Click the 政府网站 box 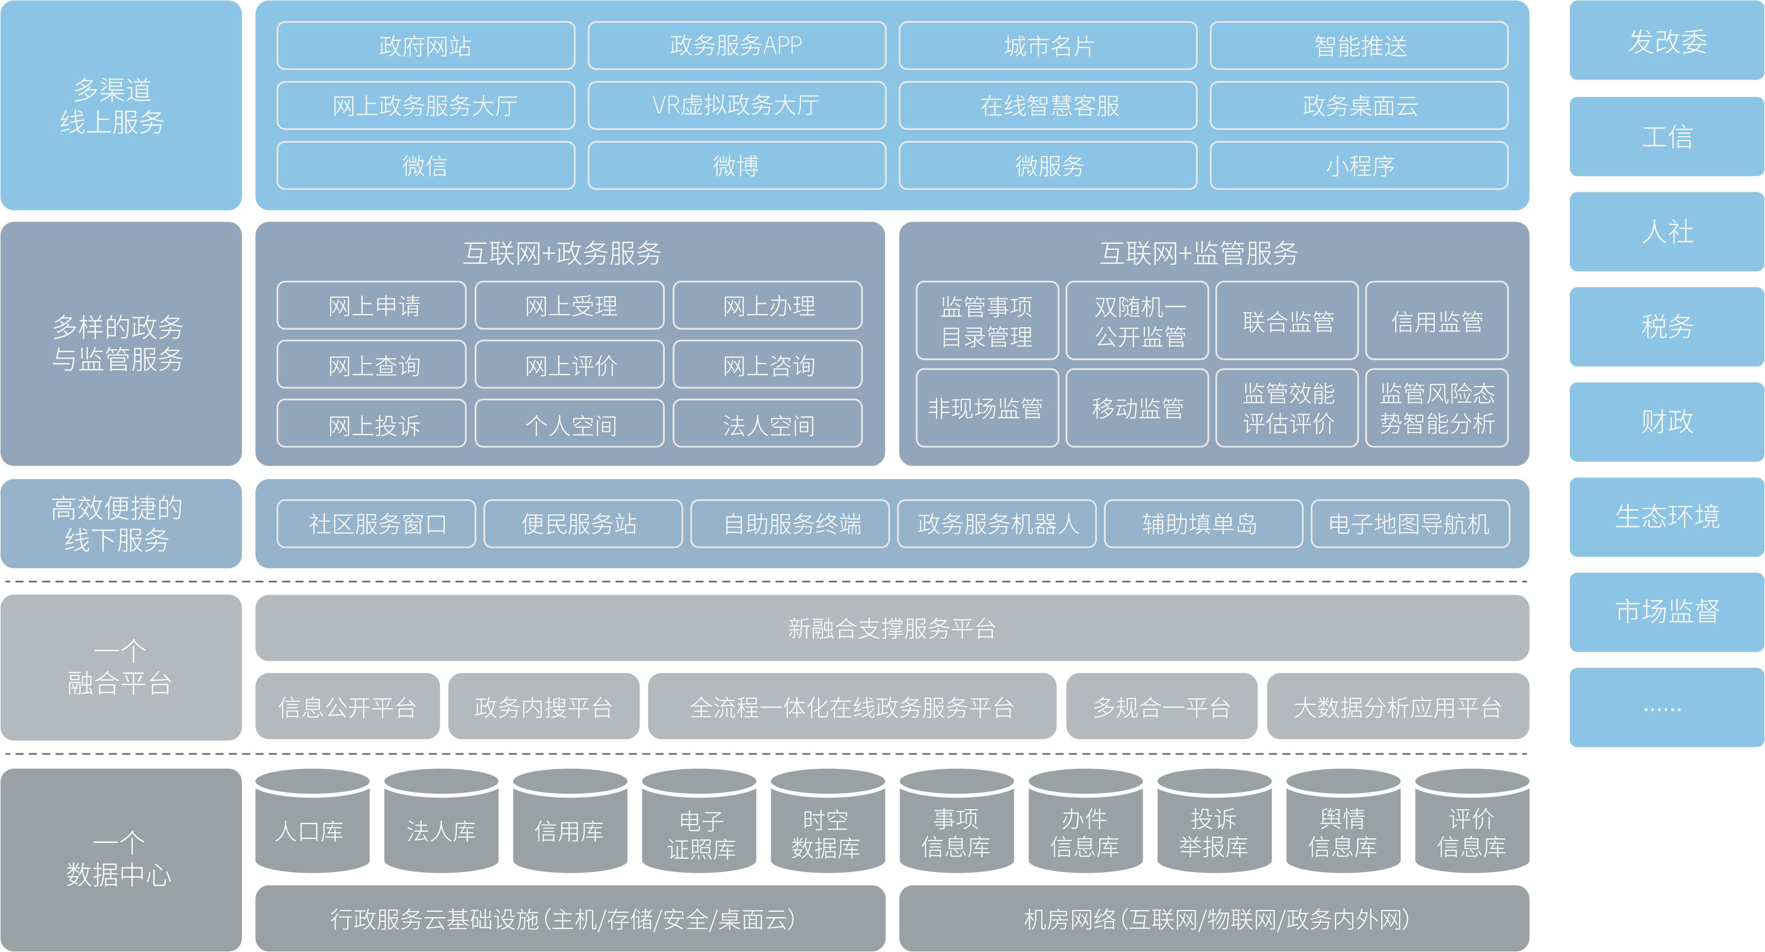(x=426, y=46)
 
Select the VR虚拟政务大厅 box (x=736, y=105)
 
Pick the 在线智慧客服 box (x=1048, y=105)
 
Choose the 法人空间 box (x=767, y=425)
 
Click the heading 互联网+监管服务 (x=1198, y=253)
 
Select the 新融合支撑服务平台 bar (x=891, y=628)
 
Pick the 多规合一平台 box (x=1161, y=707)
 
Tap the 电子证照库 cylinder (x=699, y=833)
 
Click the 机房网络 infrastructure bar (x=1214, y=918)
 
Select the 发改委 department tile (x=1666, y=41)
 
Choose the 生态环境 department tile (x=1666, y=516)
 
